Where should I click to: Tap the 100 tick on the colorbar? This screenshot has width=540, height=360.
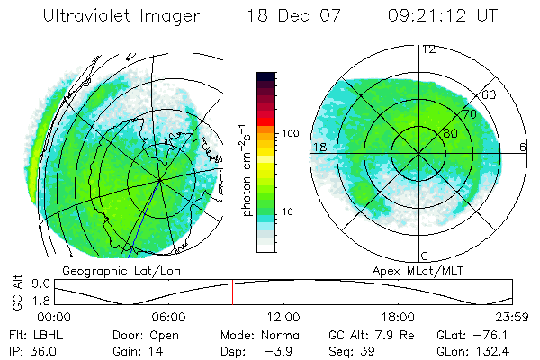(290, 133)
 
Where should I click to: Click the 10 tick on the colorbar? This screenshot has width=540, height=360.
(290, 212)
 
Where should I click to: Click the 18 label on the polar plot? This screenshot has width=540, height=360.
(319, 147)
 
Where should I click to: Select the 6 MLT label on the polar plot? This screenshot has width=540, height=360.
(523, 147)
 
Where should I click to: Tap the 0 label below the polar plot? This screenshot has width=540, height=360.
(425, 256)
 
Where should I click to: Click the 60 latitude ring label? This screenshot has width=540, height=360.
(490, 94)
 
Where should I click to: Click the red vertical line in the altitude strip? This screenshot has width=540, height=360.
(232, 292)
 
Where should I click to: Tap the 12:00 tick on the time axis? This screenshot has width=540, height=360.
(283, 317)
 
